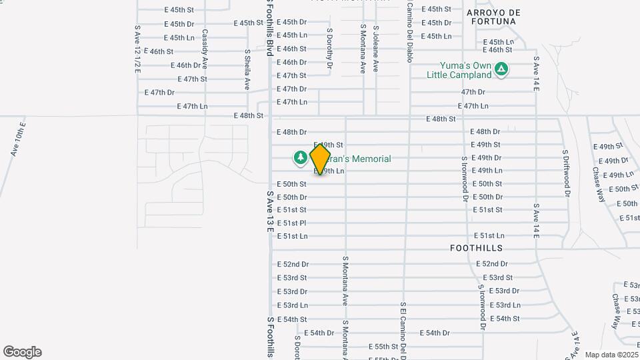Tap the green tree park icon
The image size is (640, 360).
tap(300, 158)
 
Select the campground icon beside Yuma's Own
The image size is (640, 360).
tap(502, 69)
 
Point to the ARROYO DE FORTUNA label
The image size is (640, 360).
tap(493, 17)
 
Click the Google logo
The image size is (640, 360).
tap(22, 352)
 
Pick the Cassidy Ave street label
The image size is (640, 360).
tap(205, 49)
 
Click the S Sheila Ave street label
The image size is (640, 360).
tap(247, 69)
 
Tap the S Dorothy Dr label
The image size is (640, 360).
tap(329, 49)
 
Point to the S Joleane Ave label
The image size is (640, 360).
tap(375, 49)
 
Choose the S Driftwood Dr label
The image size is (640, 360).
tap(567, 173)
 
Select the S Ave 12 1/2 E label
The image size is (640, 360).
tap(137, 49)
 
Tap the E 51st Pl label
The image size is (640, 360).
tap(292, 223)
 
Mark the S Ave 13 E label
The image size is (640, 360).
tap(270, 211)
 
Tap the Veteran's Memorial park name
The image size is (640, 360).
tap(360, 159)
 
